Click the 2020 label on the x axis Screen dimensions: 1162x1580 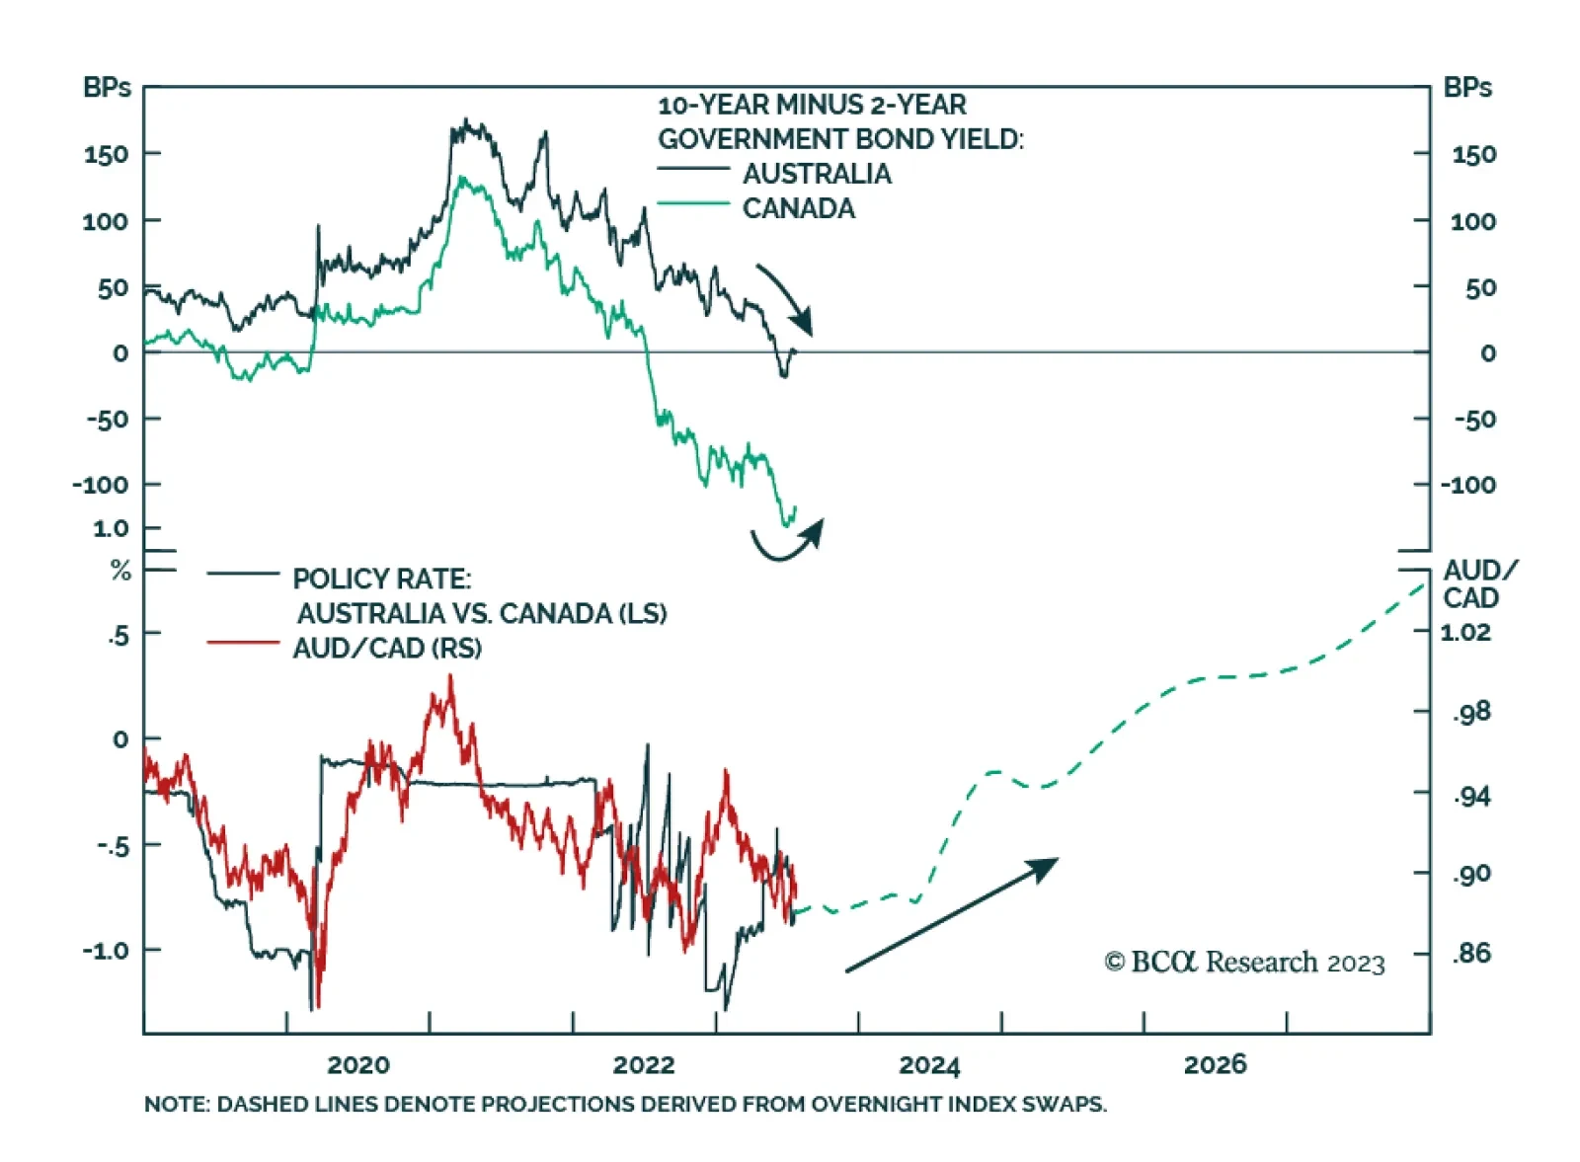357,1064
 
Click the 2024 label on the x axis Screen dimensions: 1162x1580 928,1065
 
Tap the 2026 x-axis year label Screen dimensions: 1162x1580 1215,1064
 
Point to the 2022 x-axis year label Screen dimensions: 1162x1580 643,1064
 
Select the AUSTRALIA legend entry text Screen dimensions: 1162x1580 817,174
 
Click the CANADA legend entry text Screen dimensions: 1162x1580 798,208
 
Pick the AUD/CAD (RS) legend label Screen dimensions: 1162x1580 387,648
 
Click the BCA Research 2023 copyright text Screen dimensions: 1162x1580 1244,962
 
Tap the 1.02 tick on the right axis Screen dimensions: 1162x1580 1464,632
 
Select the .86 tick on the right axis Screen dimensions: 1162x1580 1470,953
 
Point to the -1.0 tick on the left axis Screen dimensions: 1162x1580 106,950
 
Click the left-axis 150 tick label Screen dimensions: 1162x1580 106,154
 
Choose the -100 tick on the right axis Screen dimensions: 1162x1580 1467,485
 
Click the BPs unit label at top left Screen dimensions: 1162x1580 107,88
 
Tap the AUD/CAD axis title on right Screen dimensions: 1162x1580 1477,583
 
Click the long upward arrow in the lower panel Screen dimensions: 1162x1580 950,915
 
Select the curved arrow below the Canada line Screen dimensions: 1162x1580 787,542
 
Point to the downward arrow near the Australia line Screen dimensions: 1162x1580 787,299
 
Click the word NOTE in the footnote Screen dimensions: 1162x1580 175,1104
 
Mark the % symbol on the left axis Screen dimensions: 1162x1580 120,571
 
